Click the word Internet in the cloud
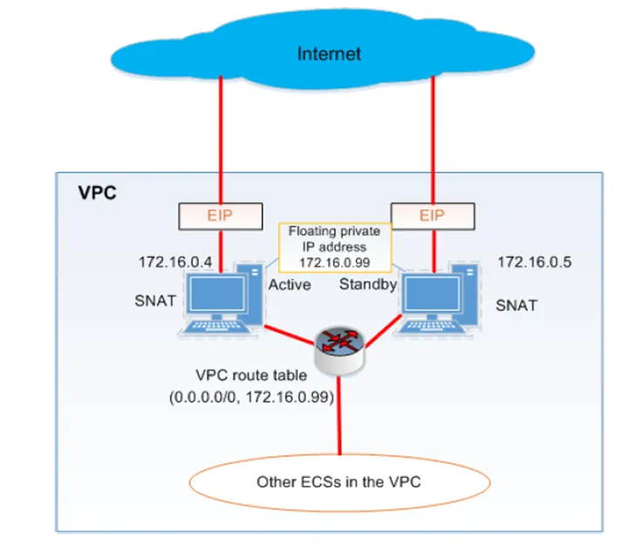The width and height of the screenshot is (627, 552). coord(329,53)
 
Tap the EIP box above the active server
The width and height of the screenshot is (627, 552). coord(221,216)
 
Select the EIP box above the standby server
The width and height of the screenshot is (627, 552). coord(433,216)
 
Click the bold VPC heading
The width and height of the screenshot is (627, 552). coord(97,193)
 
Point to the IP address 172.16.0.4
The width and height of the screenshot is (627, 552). coord(175,262)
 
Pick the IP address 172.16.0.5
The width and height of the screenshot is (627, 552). coord(535,262)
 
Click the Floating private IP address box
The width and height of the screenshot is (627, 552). coord(335,247)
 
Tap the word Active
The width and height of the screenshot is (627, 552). coord(290,285)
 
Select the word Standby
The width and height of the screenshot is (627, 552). coord(368,284)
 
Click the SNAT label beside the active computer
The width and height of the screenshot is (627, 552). coord(155,301)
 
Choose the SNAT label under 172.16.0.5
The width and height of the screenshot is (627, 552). coord(516,305)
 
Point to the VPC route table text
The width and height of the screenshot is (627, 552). coord(251,375)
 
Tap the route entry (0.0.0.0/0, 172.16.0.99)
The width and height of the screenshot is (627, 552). coord(251,397)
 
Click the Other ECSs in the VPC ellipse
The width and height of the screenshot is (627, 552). coord(339,483)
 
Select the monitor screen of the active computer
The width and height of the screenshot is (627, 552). coord(217,294)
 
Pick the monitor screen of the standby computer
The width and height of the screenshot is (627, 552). coord(432,294)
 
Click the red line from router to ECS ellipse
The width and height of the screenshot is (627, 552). coord(339,416)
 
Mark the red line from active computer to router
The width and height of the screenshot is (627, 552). coord(290,335)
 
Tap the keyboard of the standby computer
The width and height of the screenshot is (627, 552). coord(430,326)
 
